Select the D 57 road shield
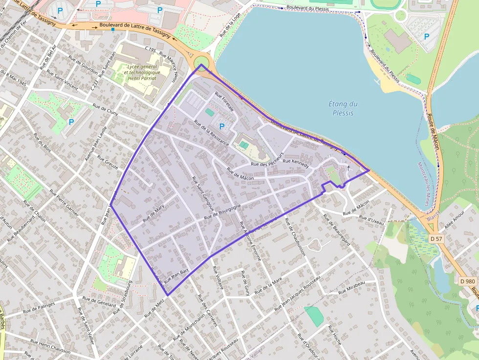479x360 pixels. (436, 238)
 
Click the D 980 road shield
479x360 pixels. (468, 281)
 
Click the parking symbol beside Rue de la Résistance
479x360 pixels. (222, 127)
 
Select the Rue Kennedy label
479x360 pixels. (296, 163)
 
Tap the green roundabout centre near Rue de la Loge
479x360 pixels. (201, 64)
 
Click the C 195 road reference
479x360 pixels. (150, 49)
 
